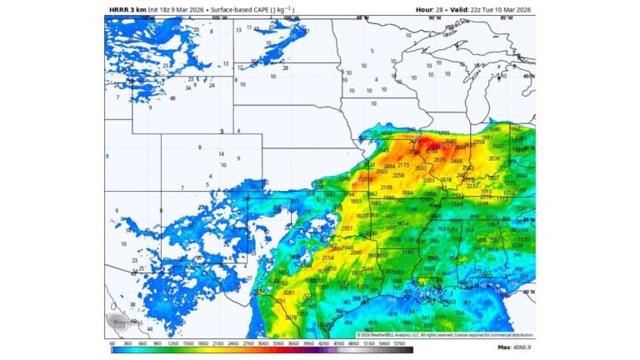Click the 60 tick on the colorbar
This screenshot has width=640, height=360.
[x=112, y=342]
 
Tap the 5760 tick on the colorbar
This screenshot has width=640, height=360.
[x=398, y=342]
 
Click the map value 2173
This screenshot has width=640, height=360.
[x=403, y=165]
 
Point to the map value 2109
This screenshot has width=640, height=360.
[x=386, y=187]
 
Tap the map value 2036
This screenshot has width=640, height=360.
[x=494, y=158]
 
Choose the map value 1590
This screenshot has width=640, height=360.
[x=494, y=130]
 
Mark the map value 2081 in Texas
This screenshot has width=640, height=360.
[x=288, y=292]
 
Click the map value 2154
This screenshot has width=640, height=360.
[x=328, y=257]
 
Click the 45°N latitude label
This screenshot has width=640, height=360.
[x=529, y=77]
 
